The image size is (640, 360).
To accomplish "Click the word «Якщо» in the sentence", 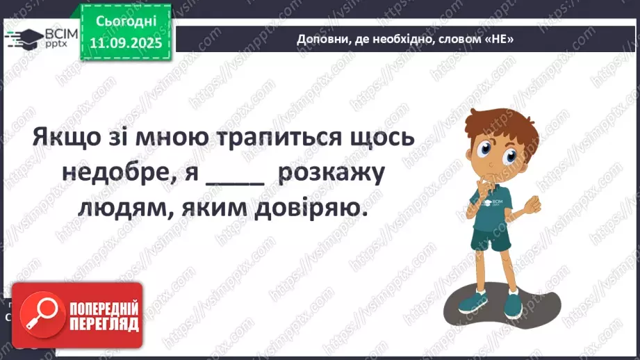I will coord(67,138).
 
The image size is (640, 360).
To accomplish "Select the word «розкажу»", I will coord(331,172).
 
